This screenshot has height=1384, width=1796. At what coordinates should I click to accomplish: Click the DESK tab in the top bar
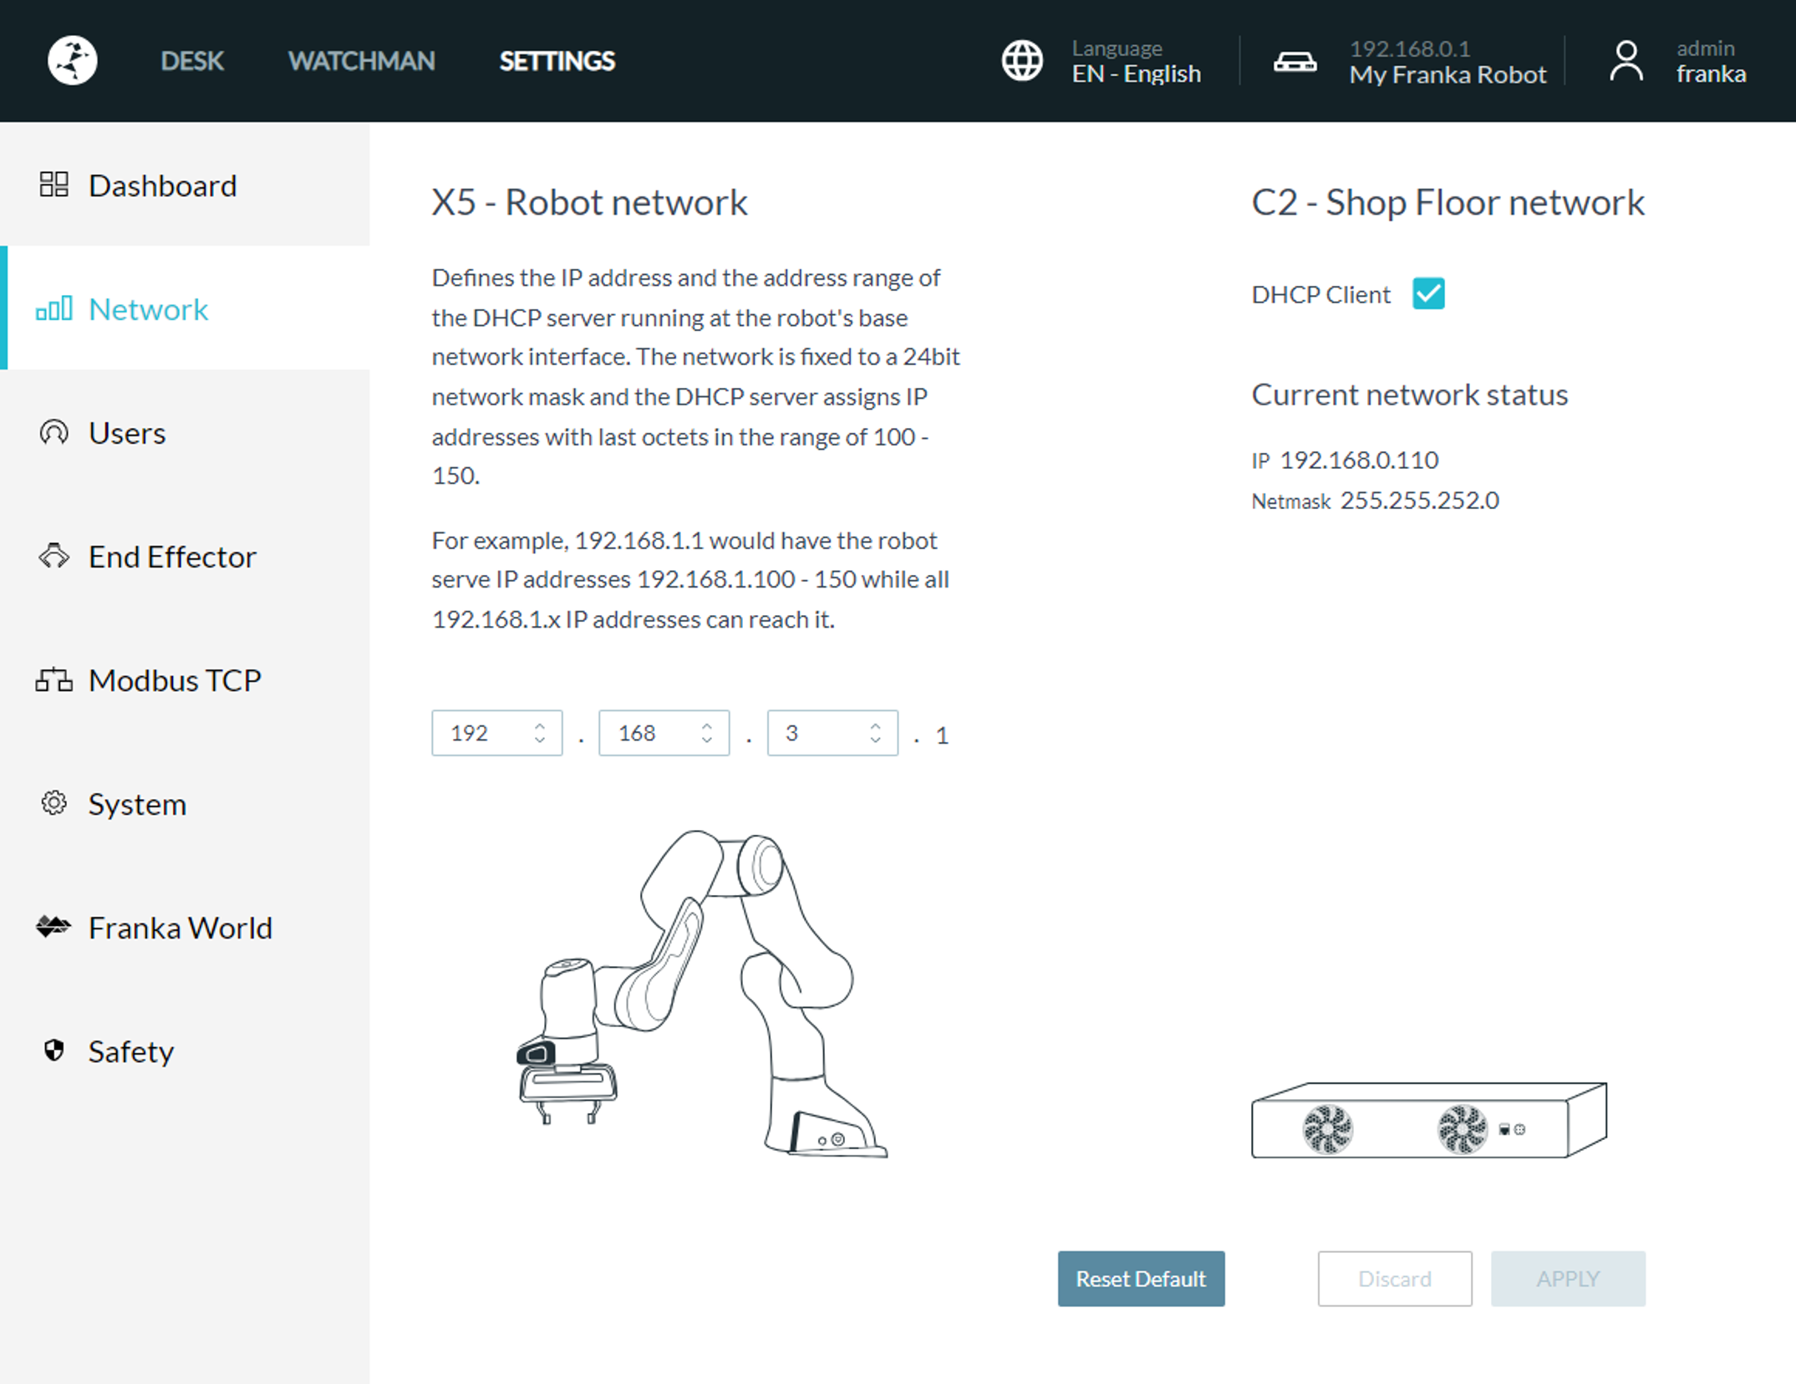coord(192,61)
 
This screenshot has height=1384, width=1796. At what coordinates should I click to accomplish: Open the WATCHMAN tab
coord(361,61)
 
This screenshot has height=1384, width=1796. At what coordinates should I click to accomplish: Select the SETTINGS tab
coord(557,61)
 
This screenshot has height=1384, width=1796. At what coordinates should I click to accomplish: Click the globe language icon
coord(1022,61)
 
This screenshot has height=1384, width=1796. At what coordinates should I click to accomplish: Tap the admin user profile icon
coord(1626,61)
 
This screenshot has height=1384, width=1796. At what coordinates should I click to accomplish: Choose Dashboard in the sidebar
coord(162,186)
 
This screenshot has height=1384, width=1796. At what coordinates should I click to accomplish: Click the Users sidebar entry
coord(127,433)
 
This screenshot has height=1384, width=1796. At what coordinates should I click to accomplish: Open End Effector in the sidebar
coord(171,557)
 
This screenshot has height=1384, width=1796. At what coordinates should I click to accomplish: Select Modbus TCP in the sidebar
coord(174,680)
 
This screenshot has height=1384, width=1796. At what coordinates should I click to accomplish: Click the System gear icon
coord(54,803)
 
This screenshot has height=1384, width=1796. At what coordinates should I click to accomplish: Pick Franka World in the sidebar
coord(180,928)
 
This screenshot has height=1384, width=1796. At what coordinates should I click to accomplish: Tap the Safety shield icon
coord(54,1051)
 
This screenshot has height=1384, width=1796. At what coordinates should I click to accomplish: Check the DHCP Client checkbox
coord(1428,294)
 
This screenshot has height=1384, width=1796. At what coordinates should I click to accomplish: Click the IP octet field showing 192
coord(485,733)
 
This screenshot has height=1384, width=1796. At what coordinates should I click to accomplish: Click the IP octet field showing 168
coord(652,733)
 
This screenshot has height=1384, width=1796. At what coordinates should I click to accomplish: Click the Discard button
coord(1394,1279)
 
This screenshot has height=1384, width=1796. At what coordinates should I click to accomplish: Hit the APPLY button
coord(1568,1279)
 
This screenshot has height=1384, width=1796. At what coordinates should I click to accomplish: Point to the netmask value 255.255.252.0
coord(1419,501)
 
